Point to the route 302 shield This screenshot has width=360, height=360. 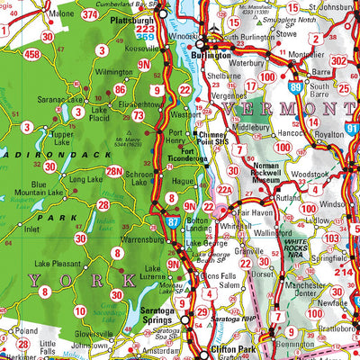339,60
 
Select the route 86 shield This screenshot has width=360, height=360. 120,90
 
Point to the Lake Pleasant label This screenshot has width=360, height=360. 54,264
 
